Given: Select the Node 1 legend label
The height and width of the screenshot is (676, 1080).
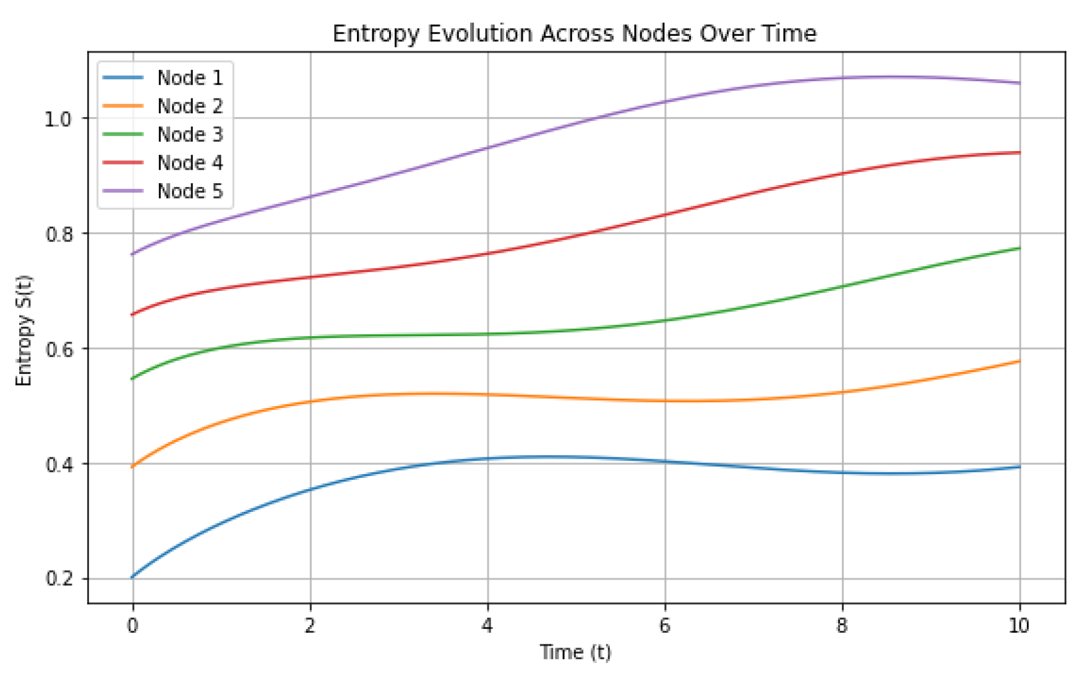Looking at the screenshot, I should click(x=189, y=78).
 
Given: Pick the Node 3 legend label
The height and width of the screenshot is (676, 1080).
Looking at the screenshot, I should click(x=189, y=134).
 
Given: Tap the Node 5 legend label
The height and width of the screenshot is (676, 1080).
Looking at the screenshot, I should click(x=189, y=191).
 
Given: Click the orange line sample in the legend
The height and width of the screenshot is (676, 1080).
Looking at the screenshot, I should click(x=122, y=106).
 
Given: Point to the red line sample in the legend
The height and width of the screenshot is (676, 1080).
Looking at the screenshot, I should click(x=122, y=162).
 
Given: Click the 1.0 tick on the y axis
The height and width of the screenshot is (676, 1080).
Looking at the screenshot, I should click(x=58, y=119).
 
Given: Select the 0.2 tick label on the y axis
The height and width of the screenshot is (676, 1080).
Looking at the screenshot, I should click(x=58, y=579).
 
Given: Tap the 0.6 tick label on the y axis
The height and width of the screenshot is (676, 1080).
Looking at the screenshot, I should click(x=58, y=349).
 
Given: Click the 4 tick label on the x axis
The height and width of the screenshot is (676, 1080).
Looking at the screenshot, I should click(x=487, y=626).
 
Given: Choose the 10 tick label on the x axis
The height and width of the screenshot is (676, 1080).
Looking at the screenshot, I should click(x=1019, y=626).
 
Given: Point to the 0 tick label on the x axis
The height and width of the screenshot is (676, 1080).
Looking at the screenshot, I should click(x=132, y=626).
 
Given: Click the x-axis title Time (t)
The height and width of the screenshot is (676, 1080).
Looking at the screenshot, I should click(x=575, y=652).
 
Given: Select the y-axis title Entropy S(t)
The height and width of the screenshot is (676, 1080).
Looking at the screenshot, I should click(x=24, y=331).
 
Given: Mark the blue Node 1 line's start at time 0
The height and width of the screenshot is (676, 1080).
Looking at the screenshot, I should click(x=133, y=577).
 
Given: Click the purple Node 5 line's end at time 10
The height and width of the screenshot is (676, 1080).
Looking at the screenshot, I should click(x=1019, y=83).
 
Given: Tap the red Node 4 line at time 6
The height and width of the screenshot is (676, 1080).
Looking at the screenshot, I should click(x=665, y=215).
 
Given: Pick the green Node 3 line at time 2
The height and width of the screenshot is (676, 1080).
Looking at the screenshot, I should click(x=310, y=337).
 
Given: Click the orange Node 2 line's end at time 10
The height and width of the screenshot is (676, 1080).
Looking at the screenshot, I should click(x=1019, y=362).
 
